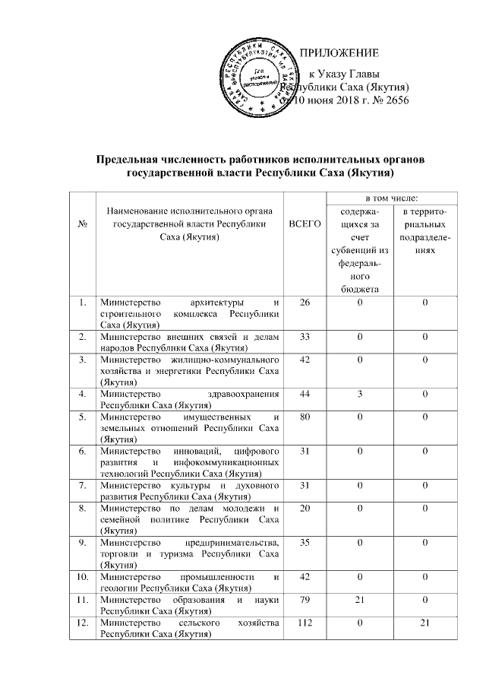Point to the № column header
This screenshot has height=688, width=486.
[x=82, y=226]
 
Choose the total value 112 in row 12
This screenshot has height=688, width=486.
[x=306, y=625]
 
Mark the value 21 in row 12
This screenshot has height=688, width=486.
[x=426, y=625]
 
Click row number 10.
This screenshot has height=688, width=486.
[x=81, y=577]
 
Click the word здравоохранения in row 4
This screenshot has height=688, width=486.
[x=244, y=394]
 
